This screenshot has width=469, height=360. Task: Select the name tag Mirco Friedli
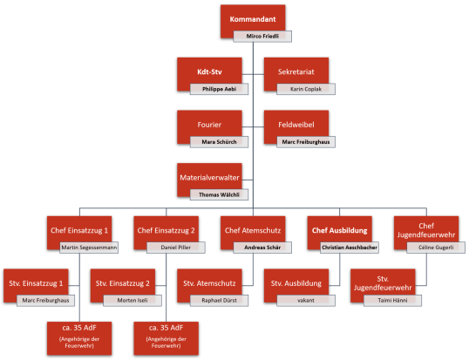tap(261, 37)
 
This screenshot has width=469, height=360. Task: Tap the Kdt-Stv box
tap(204, 70)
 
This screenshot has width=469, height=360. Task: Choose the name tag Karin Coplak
tap(306, 88)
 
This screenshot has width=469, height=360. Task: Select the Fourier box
tap(204, 122)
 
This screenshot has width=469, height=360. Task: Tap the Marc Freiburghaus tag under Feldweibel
tap(306, 140)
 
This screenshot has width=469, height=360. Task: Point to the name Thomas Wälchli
tap(220, 194)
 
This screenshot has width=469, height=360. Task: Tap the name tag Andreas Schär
tap(262, 248)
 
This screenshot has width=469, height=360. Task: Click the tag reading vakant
tap(306, 300)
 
